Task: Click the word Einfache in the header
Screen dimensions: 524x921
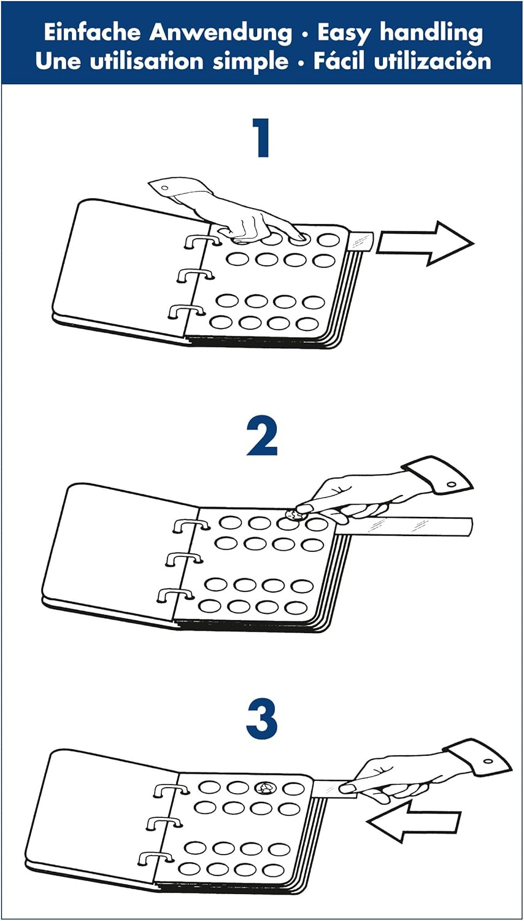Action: tap(93, 33)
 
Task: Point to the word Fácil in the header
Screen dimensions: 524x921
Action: tap(339, 61)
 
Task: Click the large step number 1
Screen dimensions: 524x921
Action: tap(262, 138)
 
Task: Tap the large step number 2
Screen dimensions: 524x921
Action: tap(262, 437)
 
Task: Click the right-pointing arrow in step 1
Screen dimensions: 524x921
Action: tap(425, 243)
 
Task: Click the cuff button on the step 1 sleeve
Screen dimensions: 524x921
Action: tap(165, 188)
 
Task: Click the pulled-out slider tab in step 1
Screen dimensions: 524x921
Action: tap(361, 241)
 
